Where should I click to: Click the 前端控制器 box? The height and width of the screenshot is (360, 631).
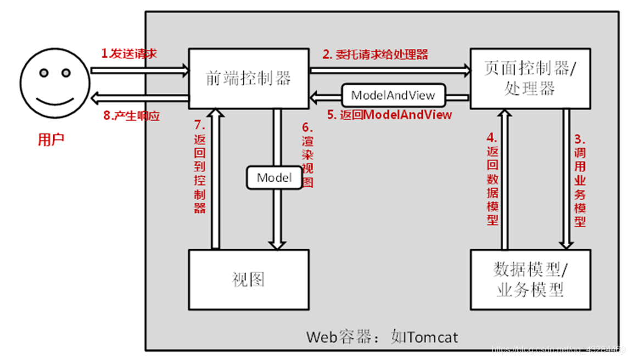pos(248,78)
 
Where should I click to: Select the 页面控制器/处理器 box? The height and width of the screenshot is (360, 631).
pos(529,78)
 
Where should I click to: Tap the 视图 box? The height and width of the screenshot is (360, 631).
pos(248,279)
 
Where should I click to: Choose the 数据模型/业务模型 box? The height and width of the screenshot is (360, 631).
pos(530,279)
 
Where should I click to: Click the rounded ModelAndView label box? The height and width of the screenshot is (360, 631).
pos(393,95)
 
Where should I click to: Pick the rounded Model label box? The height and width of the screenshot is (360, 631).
pos(274,178)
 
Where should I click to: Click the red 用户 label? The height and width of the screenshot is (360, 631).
pos(51,139)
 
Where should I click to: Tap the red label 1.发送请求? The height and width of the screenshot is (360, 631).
pos(129,53)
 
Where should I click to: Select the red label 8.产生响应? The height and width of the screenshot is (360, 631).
pos(131,116)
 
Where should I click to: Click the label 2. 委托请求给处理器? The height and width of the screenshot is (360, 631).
pos(375,54)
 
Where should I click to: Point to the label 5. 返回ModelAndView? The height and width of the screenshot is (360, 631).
pos(389,115)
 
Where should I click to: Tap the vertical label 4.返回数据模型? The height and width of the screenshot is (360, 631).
pos(492,179)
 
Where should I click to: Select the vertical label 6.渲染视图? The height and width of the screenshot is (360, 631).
pos(308,159)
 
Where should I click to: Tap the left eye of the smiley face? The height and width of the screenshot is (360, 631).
pos(43,72)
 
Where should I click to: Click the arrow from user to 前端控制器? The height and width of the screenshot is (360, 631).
pos(139,70)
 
